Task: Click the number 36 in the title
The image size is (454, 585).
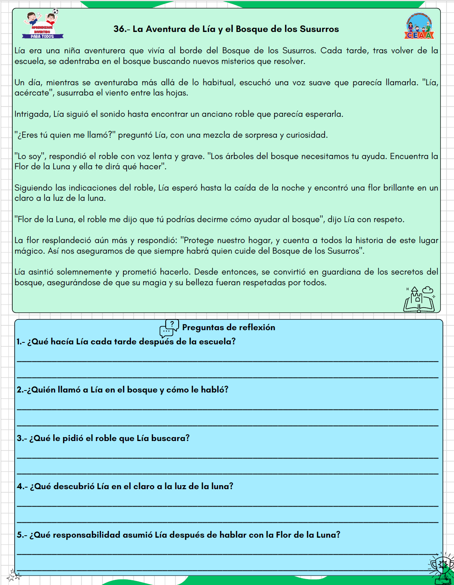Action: tap(118, 29)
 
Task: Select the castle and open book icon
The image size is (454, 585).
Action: tap(419, 299)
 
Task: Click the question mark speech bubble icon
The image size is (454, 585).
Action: tap(169, 328)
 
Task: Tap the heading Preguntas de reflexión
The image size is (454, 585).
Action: tap(228, 327)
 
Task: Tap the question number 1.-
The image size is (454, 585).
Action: tap(21, 342)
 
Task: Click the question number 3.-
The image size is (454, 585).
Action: tap(22, 438)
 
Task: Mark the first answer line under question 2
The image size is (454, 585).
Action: tap(228, 409)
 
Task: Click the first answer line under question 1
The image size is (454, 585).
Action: tap(228, 361)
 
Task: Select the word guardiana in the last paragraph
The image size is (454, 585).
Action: tap(340, 272)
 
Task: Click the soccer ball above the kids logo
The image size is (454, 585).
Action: tap(56, 11)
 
